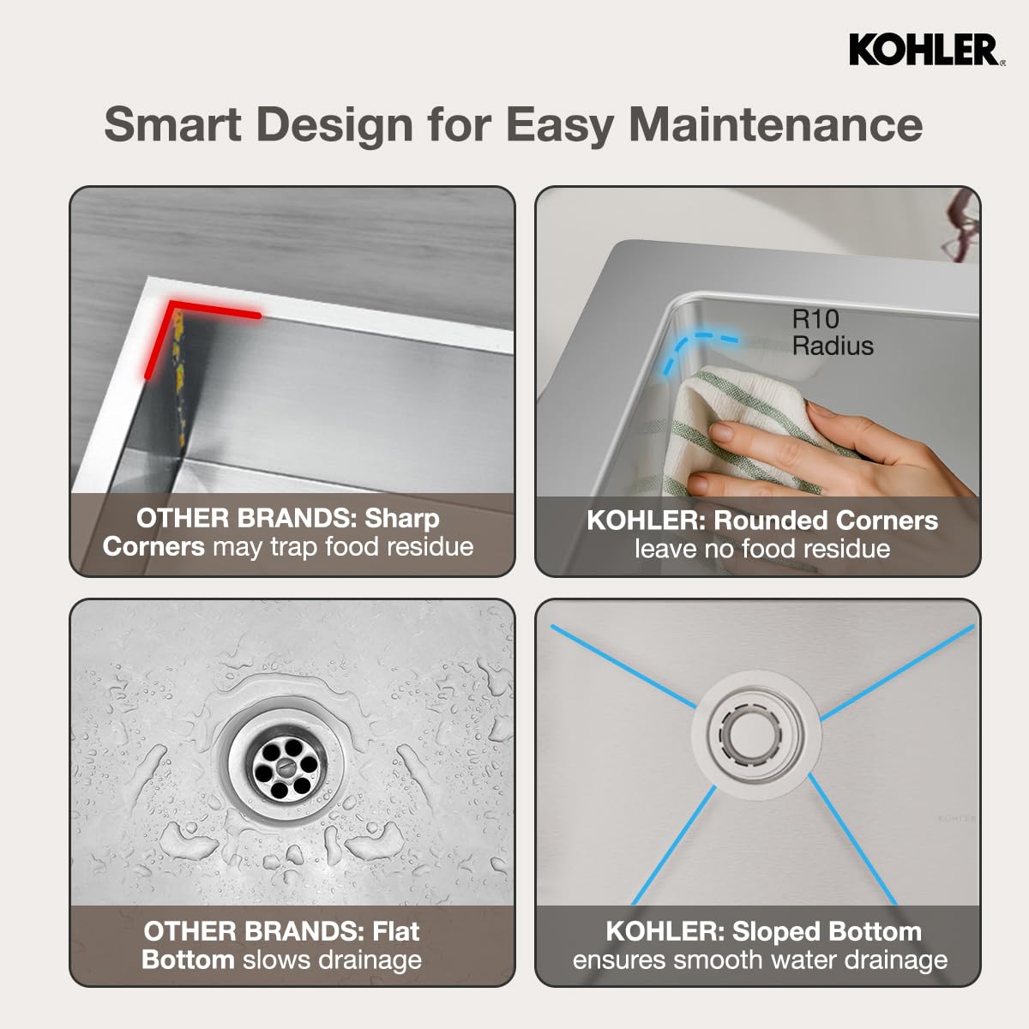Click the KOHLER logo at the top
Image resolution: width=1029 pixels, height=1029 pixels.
coord(924,50)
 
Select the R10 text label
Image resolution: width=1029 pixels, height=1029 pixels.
coord(815,319)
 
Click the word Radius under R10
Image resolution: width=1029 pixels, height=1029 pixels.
coord(832,346)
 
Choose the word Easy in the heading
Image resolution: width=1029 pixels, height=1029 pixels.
coord(558,124)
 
